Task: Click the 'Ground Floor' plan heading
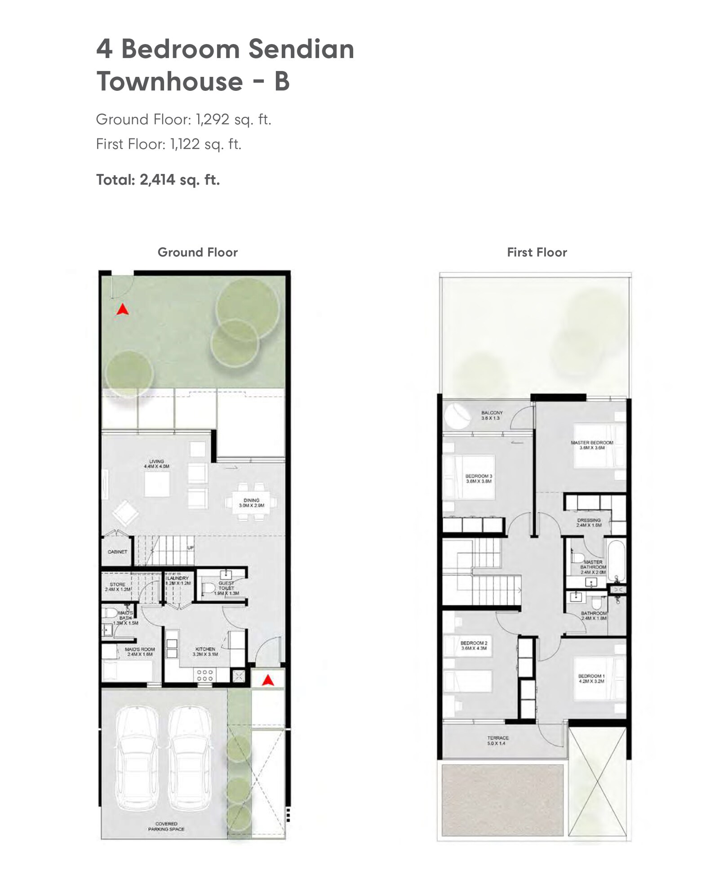197,252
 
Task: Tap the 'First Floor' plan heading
537,252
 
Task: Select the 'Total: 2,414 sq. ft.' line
158,180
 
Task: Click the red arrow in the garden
122,309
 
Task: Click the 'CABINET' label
117,552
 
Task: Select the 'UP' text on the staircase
190,548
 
